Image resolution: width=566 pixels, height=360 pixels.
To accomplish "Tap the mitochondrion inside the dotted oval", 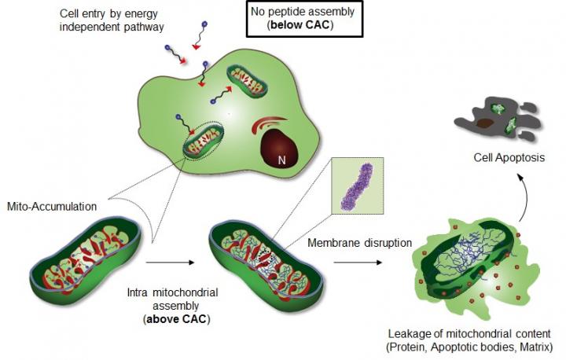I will pyautogui.click(x=208, y=141).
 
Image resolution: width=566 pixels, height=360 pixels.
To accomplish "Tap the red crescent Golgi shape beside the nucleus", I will pyautogui.click(x=263, y=126).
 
